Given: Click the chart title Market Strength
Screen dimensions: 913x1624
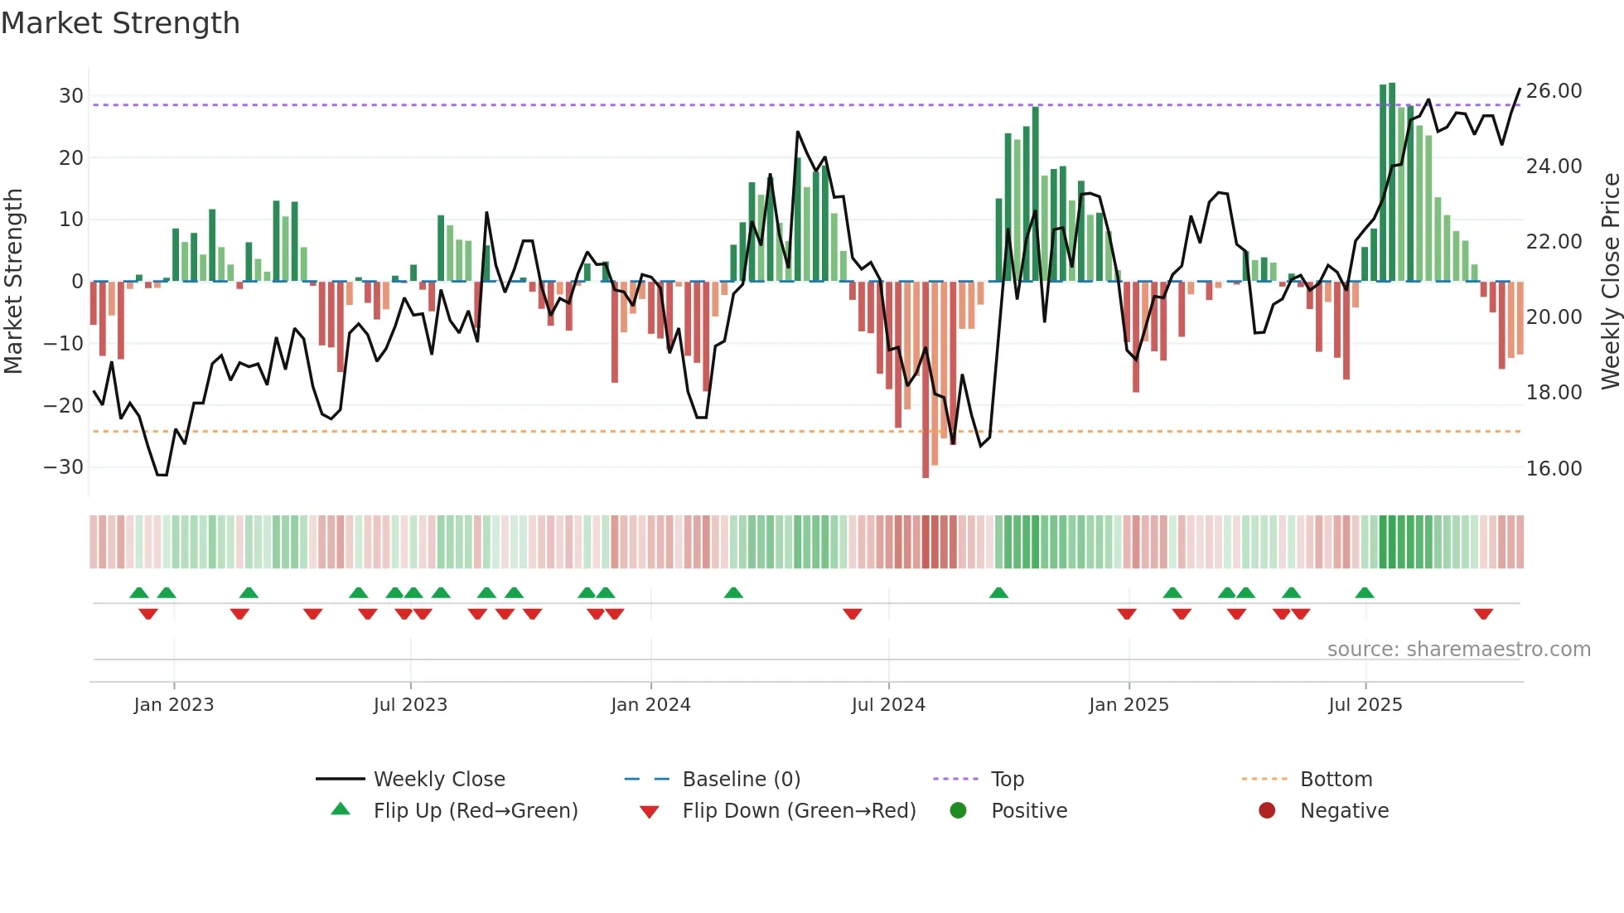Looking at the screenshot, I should tap(120, 23).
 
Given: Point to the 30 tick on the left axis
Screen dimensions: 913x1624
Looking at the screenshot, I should tap(71, 96).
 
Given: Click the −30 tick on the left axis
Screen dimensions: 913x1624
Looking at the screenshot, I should tap(64, 467).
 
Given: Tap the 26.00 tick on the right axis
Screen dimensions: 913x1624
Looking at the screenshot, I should tap(1554, 91).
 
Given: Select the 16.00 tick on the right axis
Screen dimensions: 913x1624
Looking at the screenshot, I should tap(1554, 469).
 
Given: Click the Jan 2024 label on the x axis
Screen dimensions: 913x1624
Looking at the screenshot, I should tap(650, 705).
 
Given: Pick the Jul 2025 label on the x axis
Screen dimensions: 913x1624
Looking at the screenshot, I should tap(1365, 705).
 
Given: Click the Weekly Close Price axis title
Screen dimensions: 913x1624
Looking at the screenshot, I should tap(1610, 281).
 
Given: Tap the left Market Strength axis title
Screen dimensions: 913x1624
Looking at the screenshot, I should tap(13, 281).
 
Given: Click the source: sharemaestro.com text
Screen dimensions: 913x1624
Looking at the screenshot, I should tap(1458, 650).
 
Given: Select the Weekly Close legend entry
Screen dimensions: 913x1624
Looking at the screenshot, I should tap(439, 780).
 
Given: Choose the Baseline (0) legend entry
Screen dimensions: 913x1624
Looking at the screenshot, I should tap(741, 780).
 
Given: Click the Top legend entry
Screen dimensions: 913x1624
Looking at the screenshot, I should tap(1008, 780).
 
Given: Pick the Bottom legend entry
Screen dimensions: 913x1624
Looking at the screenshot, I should tap(1336, 780).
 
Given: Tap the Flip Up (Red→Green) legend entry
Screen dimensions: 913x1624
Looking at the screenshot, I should tap(476, 811).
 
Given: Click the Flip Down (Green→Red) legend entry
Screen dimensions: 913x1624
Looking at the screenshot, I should tap(799, 811).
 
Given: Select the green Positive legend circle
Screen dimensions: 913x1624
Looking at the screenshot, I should tap(959, 811).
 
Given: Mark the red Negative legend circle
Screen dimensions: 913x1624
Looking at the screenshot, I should tap(1267, 811).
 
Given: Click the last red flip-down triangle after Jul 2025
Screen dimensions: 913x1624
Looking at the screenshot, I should tap(1483, 614).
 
